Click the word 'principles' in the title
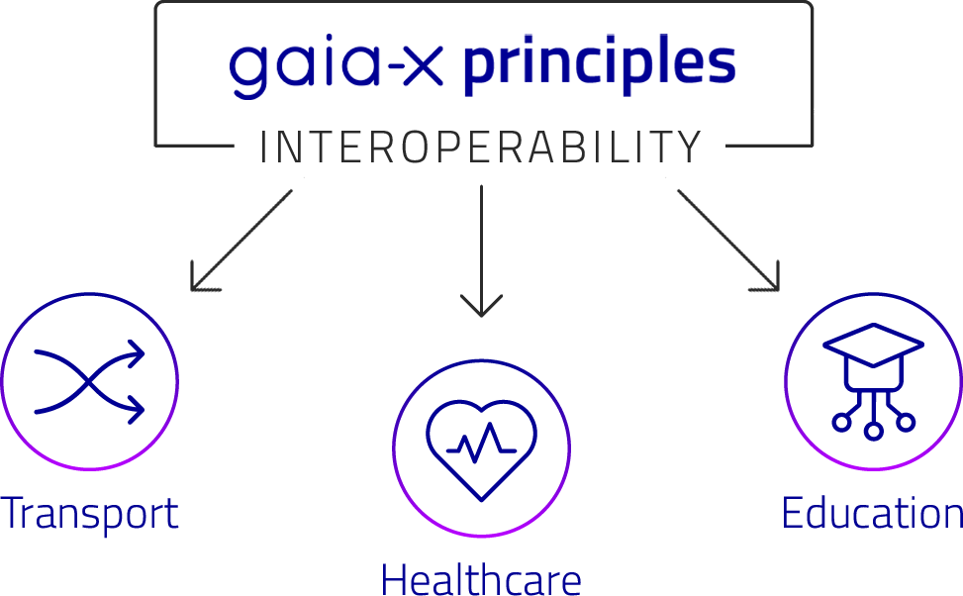click(599, 64)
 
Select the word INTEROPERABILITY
click(481, 147)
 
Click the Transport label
click(90, 513)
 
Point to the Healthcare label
click(481, 578)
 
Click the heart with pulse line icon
click(481, 450)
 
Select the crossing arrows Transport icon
click(90, 381)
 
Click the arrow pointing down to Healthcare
click(481, 250)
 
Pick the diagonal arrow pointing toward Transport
click(241, 241)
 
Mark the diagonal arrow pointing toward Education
click(728, 241)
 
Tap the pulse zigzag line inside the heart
click(481, 443)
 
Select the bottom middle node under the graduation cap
click(873, 431)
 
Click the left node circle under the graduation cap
click(842, 422)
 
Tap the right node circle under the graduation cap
click(906, 422)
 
